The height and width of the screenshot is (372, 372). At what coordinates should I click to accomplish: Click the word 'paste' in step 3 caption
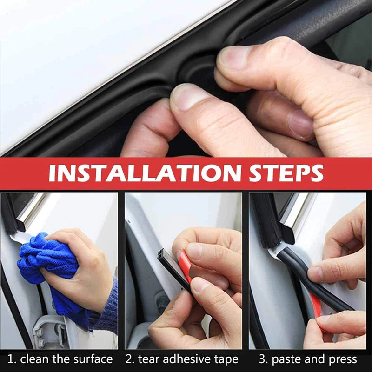pyautogui.click(x=288, y=359)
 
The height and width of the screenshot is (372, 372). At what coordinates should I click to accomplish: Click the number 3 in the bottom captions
pyautogui.click(x=263, y=359)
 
